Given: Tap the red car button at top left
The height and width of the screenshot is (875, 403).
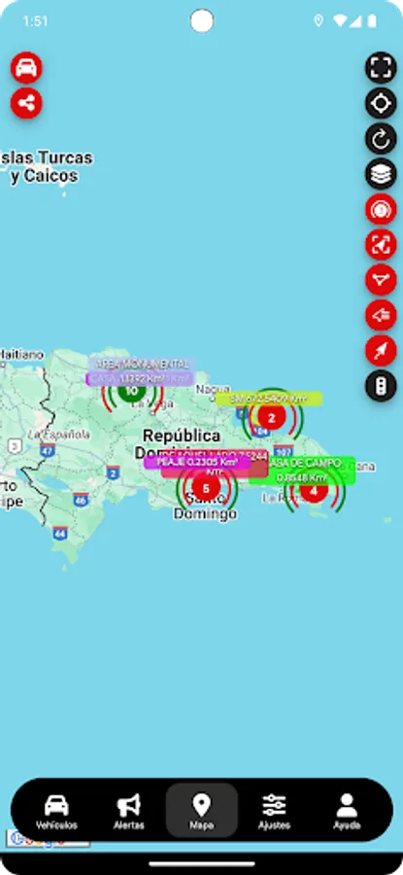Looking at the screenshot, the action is (x=27, y=67).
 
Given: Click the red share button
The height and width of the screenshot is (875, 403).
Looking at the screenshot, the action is (x=27, y=103).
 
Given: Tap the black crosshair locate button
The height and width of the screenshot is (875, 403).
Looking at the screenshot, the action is (x=381, y=103).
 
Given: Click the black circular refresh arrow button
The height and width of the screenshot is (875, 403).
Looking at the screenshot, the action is (x=381, y=138).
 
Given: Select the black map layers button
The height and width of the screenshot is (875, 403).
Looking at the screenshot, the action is (x=381, y=174).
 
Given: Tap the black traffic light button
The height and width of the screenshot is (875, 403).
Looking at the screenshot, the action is (x=381, y=387).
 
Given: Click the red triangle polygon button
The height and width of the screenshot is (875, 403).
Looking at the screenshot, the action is (x=381, y=280).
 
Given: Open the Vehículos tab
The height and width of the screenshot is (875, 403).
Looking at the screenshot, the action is (x=56, y=811).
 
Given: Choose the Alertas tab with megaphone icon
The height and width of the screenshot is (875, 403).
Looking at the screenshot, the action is (x=129, y=811).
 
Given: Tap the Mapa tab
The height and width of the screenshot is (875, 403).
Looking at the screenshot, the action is (x=202, y=811).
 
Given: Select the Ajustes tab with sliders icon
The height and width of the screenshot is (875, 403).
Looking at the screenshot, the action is (x=274, y=811).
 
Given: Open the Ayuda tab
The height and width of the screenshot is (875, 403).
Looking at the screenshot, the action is (x=347, y=811).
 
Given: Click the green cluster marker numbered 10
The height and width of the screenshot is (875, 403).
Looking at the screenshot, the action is (x=132, y=391).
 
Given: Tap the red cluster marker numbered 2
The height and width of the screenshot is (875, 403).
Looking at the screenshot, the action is (x=272, y=419).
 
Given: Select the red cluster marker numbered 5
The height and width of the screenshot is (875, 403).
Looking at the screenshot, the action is (x=205, y=487).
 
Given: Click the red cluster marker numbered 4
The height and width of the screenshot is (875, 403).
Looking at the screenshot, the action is (x=313, y=490).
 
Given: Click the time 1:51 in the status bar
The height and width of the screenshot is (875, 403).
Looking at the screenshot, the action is (x=35, y=20).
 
